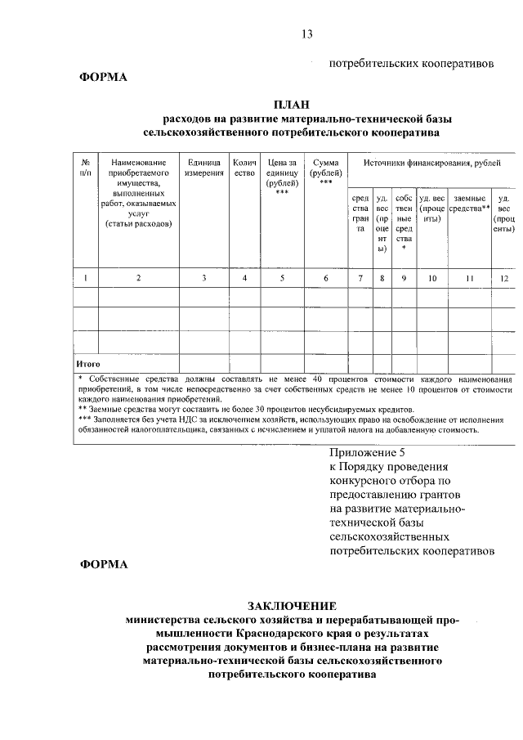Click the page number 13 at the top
307,34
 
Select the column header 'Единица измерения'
203,168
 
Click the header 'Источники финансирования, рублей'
431,164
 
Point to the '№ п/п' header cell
86,168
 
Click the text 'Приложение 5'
367,452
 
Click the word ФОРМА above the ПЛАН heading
103,78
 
